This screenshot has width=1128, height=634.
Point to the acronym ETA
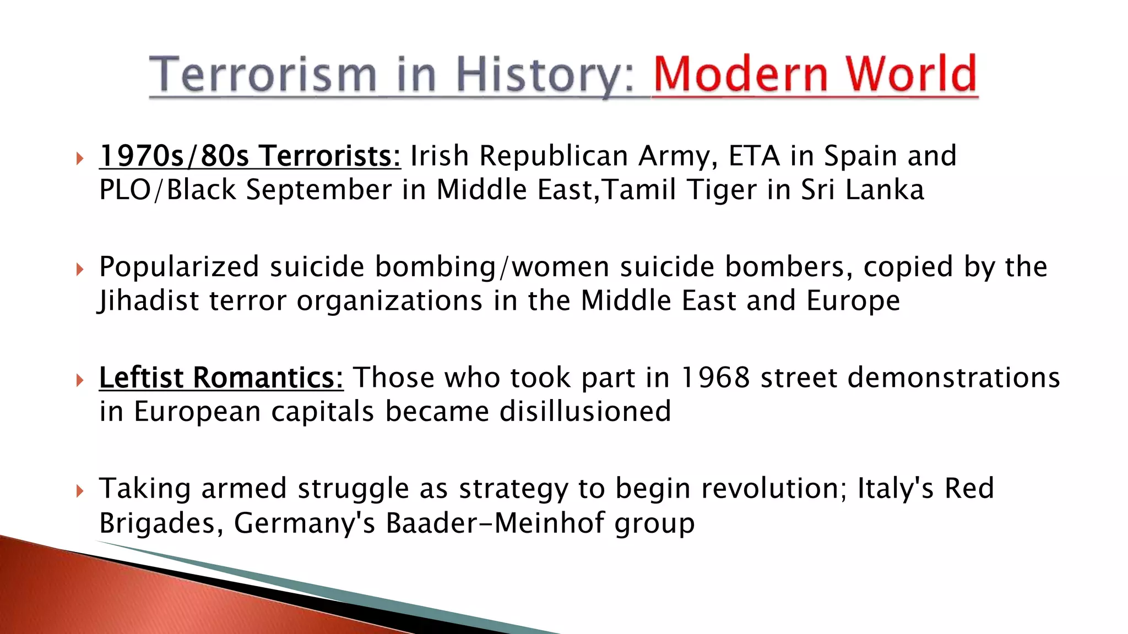(753, 156)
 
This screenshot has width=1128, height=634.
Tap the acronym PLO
(125, 190)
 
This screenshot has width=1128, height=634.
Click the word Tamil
(638, 190)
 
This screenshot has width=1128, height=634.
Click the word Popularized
(179, 267)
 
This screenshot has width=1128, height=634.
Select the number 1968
(714, 378)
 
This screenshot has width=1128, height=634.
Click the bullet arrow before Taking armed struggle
(80, 490)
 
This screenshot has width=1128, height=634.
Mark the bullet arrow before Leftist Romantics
(80, 380)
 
